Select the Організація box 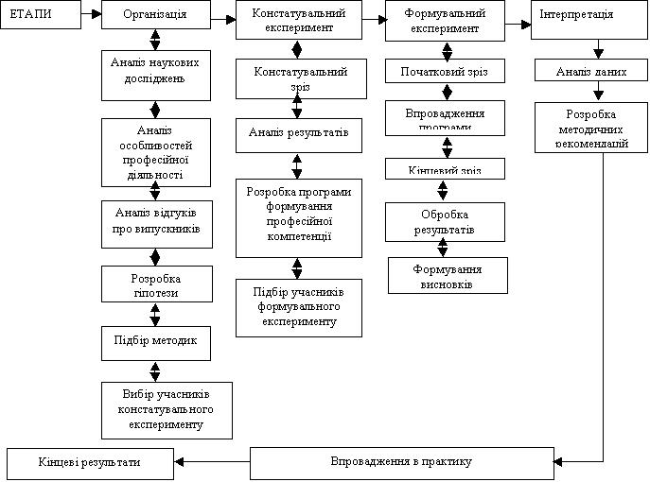click(155, 16)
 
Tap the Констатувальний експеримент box click(298, 21)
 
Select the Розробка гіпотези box click(155, 284)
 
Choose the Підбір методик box click(155, 342)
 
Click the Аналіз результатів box click(298, 134)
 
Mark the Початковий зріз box click(445, 72)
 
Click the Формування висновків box click(448, 275)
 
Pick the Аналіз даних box click(591, 71)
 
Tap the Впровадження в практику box click(401, 462)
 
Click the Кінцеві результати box click(90, 463)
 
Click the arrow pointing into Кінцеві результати click(212, 462)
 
